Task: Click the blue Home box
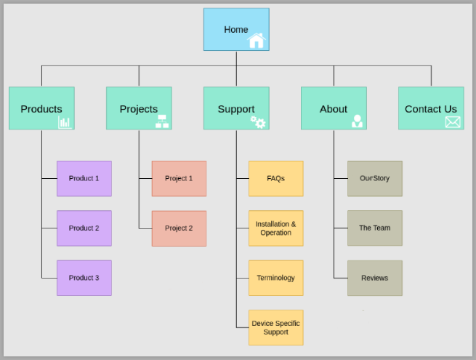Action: [235, 29]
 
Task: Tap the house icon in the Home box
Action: [256, 41]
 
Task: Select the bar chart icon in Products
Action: [65, 121]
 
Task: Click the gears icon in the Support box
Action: [258, 122]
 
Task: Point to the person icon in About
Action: [357, 121]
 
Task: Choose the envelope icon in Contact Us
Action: [453, 121]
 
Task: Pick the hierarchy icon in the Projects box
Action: [162, 121]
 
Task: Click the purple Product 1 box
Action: [84, 178]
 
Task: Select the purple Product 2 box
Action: [84, 228]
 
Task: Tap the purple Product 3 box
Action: [84, 278]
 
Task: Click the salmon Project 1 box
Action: [179, 178]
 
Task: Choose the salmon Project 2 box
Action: [179, 228]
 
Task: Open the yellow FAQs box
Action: [275, 178]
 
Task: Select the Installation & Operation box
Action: [275, 228]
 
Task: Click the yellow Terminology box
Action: [275, 278]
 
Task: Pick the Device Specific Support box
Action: [275, 327]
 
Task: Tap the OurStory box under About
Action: [374, 178]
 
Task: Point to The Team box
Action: [374, 228]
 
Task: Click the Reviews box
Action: [374, 278]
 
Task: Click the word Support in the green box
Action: [235, 109]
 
